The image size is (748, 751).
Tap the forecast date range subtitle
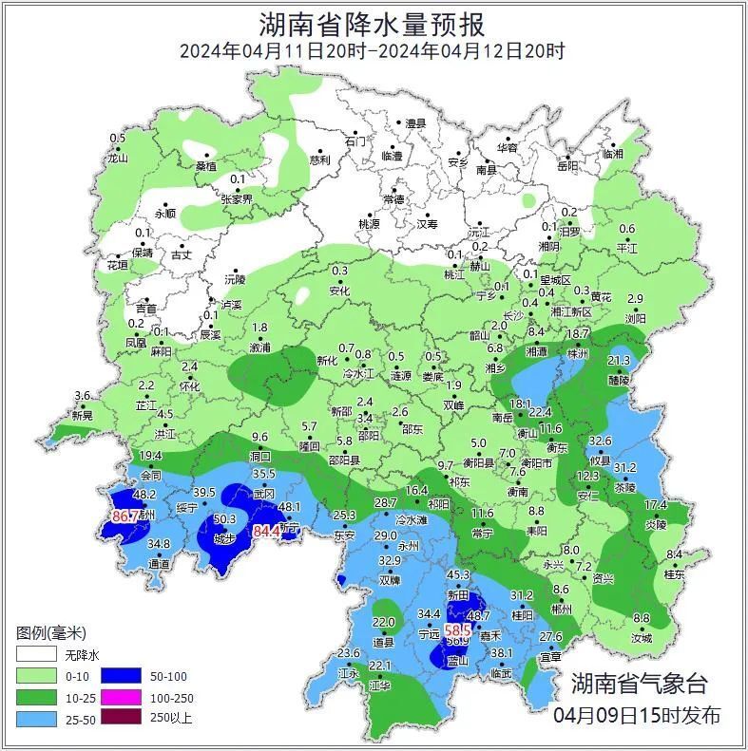coord(373,51)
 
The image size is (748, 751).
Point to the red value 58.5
coord(458,629)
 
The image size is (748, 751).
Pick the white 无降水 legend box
coord(35,654)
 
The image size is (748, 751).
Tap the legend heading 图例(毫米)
coord(51,632)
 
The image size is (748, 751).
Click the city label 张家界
coord(237,199)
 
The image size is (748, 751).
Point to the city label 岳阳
coord(566,166)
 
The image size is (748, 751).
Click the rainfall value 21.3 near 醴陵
coord(619,361)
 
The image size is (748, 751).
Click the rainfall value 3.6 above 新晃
coord(83,395)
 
